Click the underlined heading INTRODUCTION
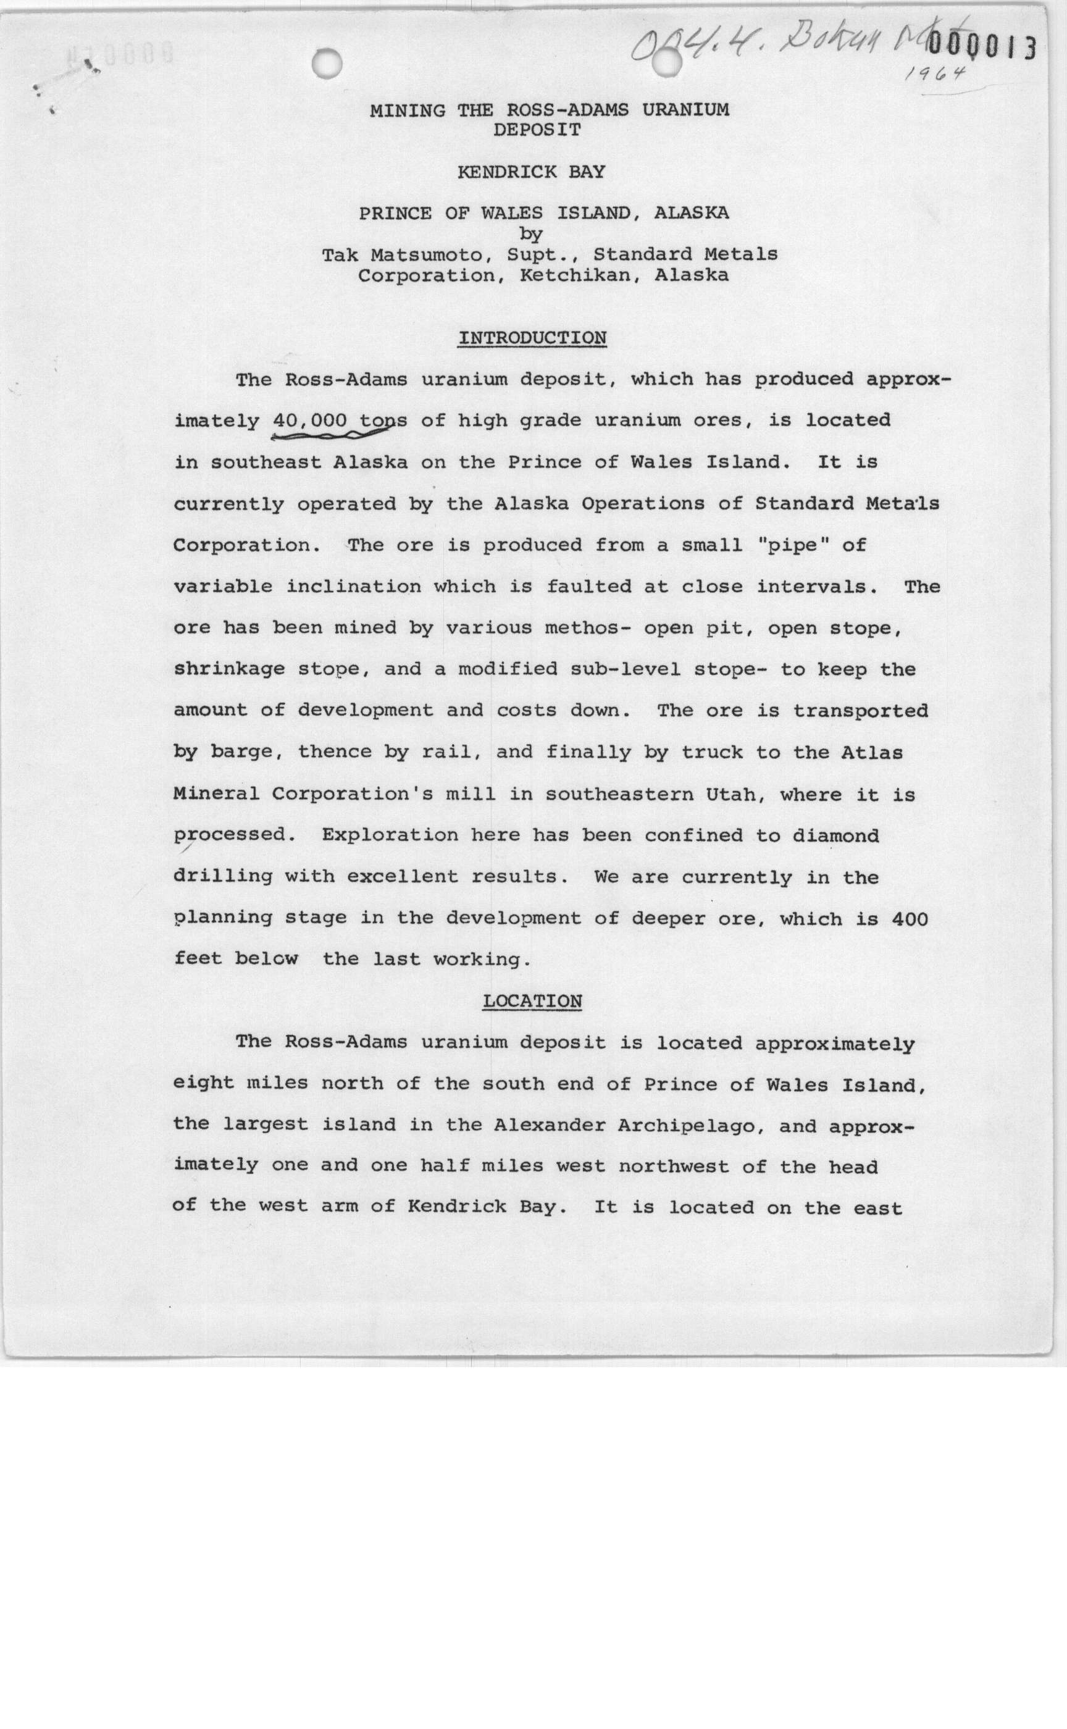[x=532, y=338]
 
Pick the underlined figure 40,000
[x=310, y=421]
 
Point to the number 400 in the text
[x=910, y=919]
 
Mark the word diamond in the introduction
[x=835, y=835]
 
